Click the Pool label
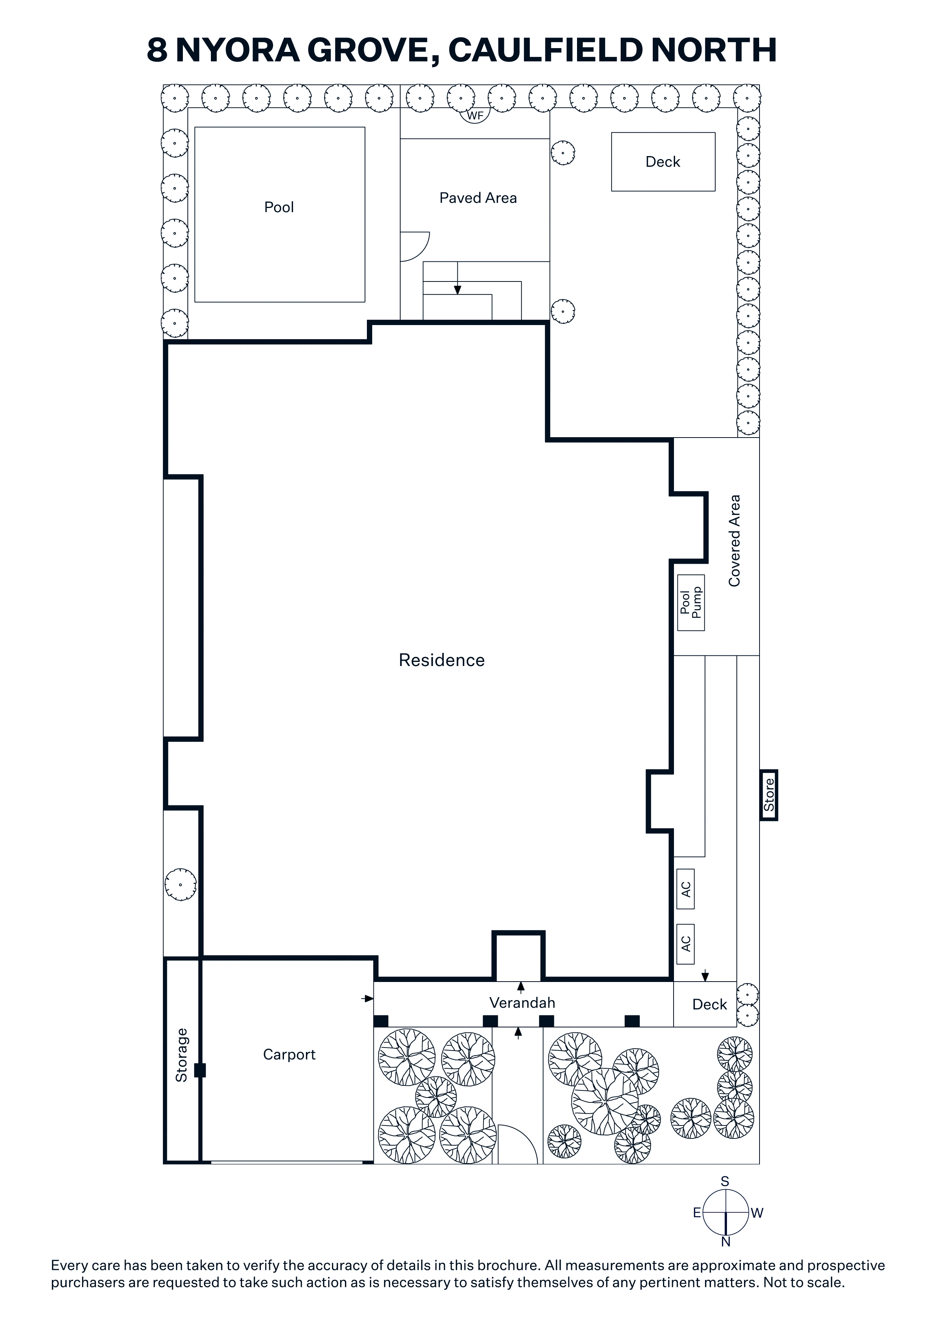[279, 207]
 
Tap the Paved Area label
[478, 198]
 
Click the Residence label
[441, 660]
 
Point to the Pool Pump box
[691, 603]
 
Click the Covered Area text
[734, 541]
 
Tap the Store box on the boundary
[769, 795]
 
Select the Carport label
[289, 1055]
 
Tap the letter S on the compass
[725, 1181]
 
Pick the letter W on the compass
[757, 1213]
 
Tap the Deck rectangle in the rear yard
[663, 161]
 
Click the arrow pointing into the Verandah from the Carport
[367, 999]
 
